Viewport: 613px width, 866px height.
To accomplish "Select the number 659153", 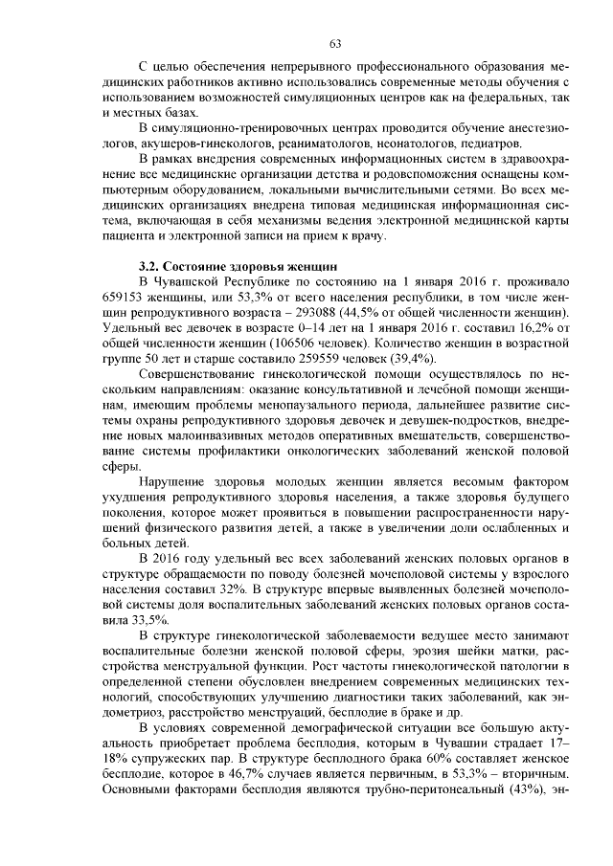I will coord(122,297).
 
